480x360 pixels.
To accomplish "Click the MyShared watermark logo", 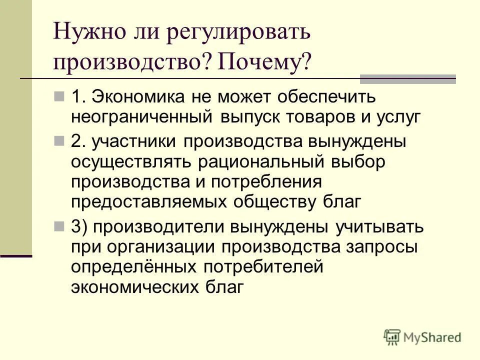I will pyautogui.click(x=423, y=337).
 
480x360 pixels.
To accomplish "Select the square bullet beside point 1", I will pyautogui.click(x=58, y=95).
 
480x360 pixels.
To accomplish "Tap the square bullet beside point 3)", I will pyautogui.click(x=58, y=226).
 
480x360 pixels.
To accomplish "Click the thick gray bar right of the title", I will pyautogui.click(x=408, y=78).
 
